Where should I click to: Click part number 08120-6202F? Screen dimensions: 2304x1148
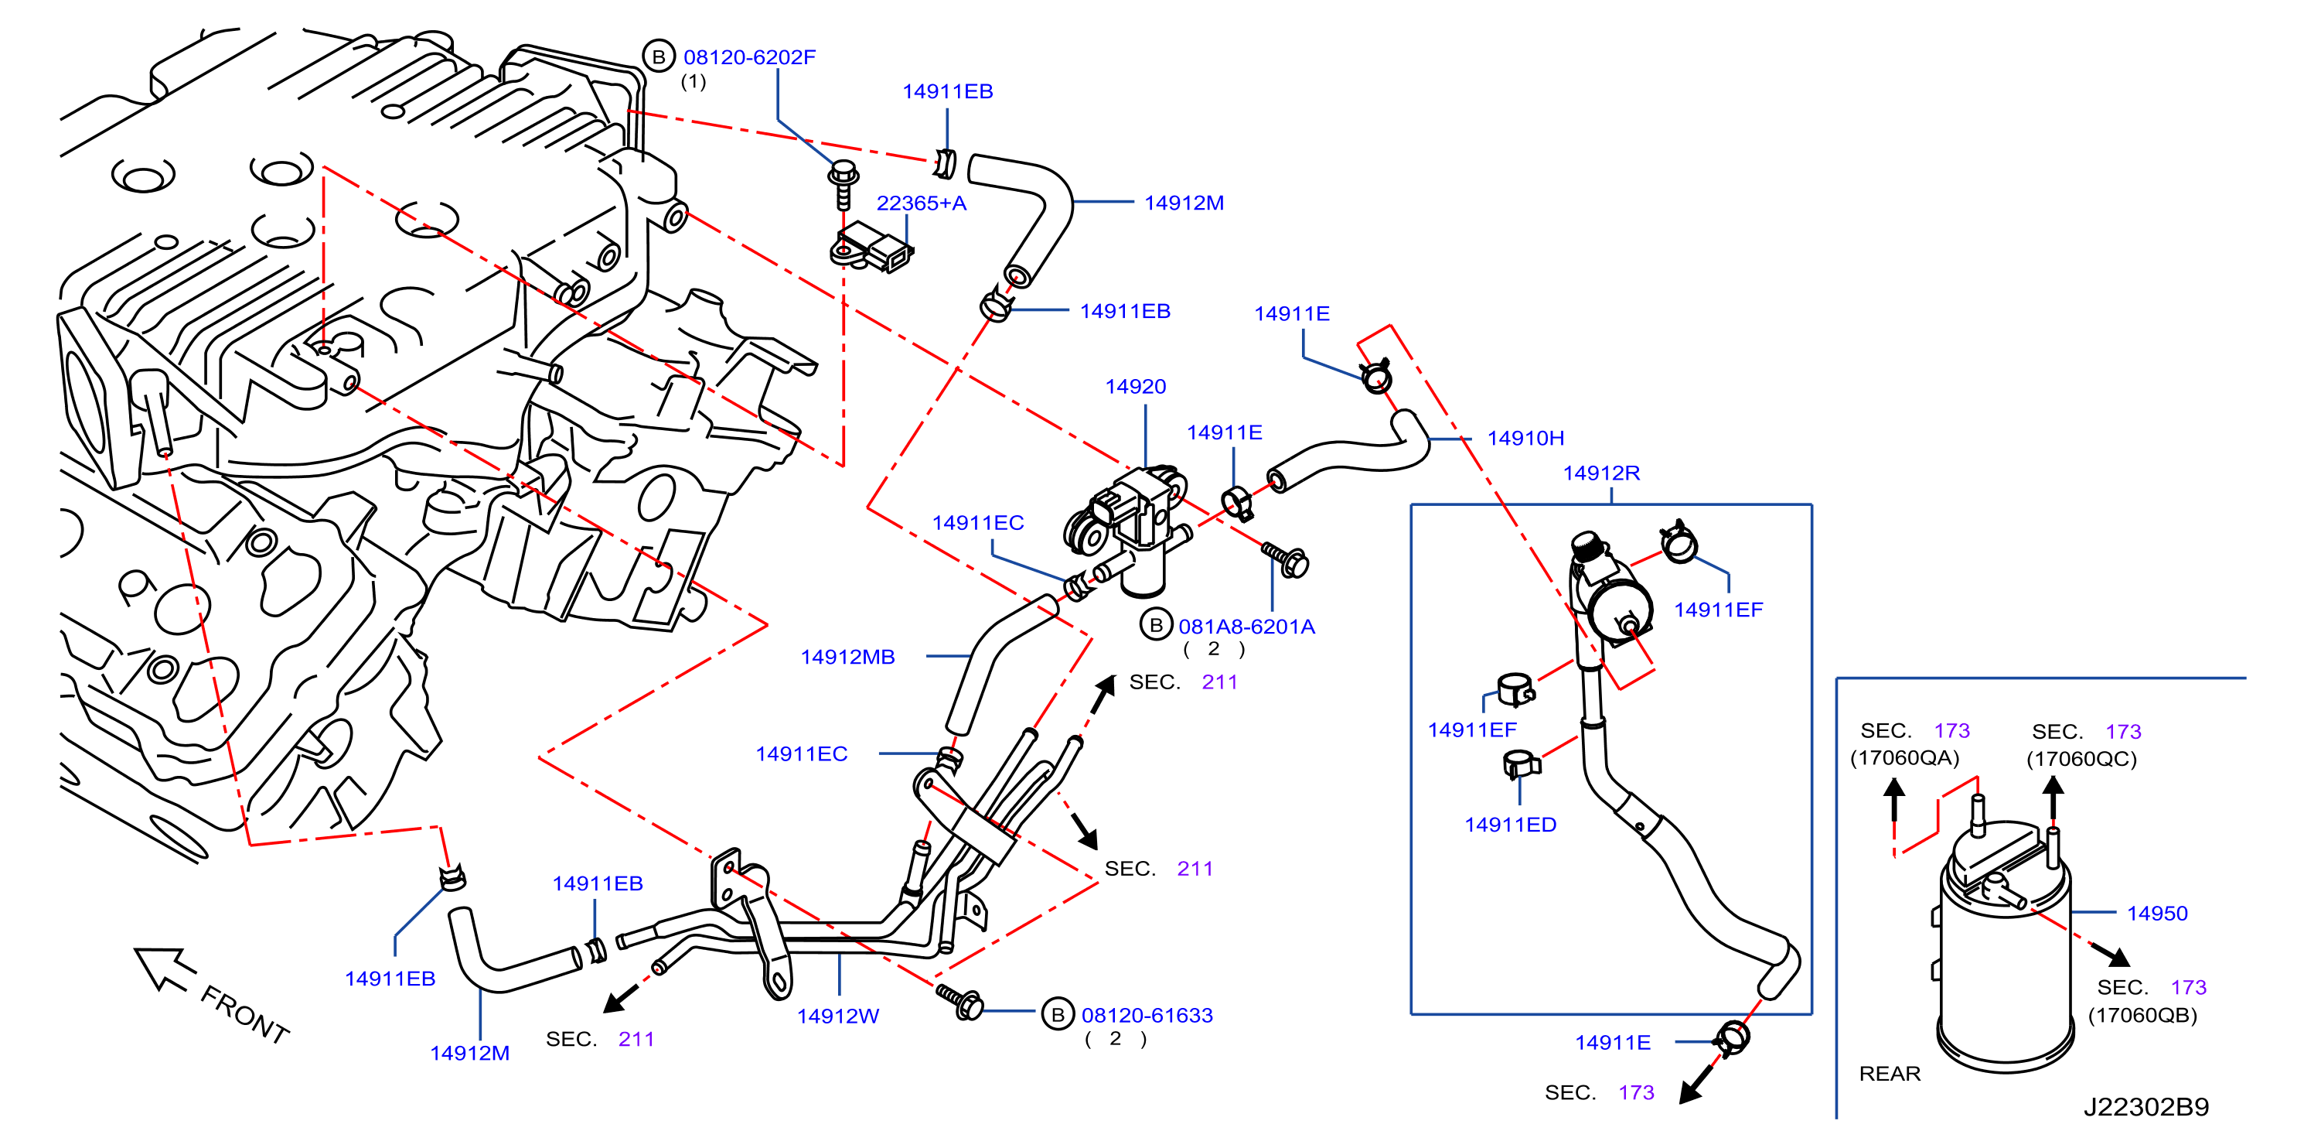(x=749, y=57)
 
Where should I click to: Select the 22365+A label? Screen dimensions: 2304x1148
(x=922, y=203)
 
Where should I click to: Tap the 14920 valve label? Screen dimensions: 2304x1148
(x=1135, y=387)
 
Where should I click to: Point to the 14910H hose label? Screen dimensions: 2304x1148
(x=1525, y=439)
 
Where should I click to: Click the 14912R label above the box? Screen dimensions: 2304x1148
(x=1601, y=473)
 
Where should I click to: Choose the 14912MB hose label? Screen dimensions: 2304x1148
(x=847, y=658)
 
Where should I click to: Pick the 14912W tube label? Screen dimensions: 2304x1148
(x=838, y=1016)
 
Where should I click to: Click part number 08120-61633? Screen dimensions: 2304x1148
(x=1147, y=1016)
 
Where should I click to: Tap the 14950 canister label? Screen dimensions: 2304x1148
(x=2156, y=914)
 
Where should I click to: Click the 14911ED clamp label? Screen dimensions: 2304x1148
(x=1510, y=825)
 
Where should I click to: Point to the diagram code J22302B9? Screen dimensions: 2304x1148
(x=2146, y=1108)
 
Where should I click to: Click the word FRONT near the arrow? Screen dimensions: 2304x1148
(x=244, y=1015)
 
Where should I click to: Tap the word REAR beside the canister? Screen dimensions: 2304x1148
(x=1889, y=1074)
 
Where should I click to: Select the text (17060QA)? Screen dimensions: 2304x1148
(x=1904, y=759)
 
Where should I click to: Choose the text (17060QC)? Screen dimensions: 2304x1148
(x=2081, y=760)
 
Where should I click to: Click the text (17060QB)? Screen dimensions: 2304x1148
(x=2142, y=1016)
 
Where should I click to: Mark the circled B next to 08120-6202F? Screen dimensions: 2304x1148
(x=658, y=56)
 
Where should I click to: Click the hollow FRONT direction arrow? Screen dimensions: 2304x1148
(x=164, y=969)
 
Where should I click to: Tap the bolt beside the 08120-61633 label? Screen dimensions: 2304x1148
(x=959, y=1001)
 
